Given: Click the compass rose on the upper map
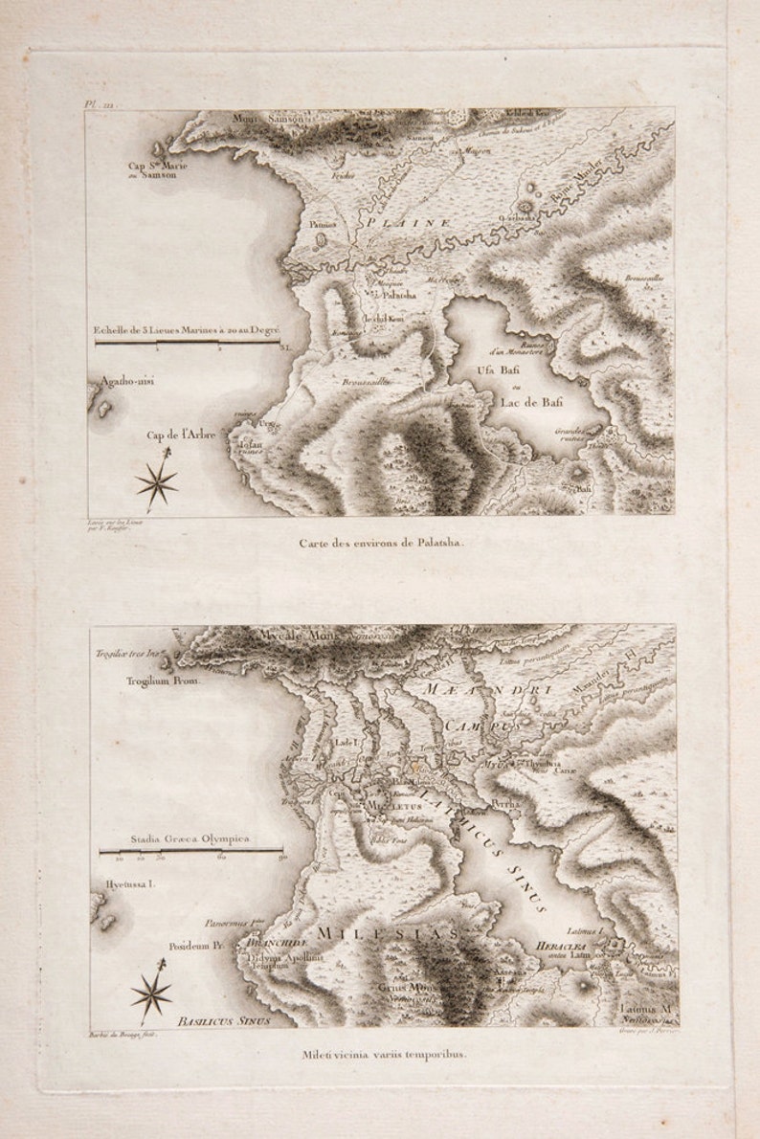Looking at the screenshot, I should point(156,480).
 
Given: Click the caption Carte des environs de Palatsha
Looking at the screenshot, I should point(380,542).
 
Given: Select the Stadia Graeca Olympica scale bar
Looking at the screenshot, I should point(191,849).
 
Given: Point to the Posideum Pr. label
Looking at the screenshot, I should point(196,944).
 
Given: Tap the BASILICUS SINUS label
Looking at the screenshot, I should point(223,1021).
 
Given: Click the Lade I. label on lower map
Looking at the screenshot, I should point(346,742).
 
